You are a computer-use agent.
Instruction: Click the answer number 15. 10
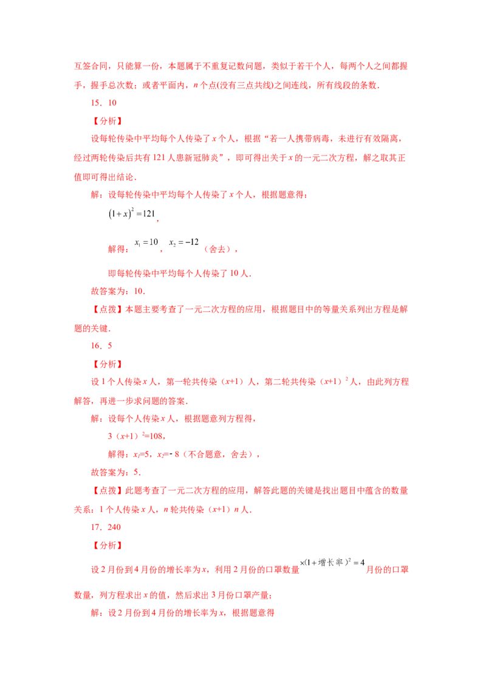(103, 103)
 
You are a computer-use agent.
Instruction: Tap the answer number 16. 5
(101, 346)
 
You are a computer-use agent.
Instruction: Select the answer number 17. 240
(106, 527)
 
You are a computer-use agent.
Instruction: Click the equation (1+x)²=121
(132, 214)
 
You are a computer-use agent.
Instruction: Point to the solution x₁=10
(146, 243)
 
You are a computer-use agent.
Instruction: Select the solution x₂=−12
(184, 243)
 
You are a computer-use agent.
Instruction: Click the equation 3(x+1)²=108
(135, 436)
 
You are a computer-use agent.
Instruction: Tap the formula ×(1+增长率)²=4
(332, 562)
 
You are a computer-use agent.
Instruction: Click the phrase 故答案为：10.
(118, 291)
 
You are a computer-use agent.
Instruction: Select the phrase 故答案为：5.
(115, 473)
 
